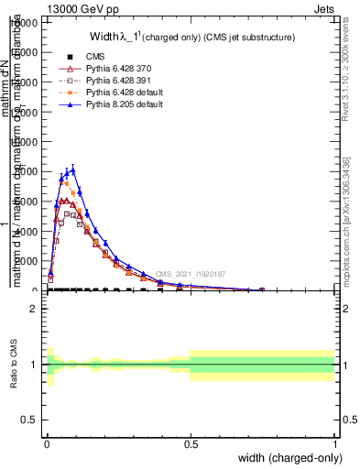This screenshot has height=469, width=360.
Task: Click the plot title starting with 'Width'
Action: coord(191,38)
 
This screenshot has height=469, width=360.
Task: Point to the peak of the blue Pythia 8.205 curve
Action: coord(73,169)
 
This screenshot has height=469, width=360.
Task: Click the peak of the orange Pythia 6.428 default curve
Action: coord(67,183)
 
